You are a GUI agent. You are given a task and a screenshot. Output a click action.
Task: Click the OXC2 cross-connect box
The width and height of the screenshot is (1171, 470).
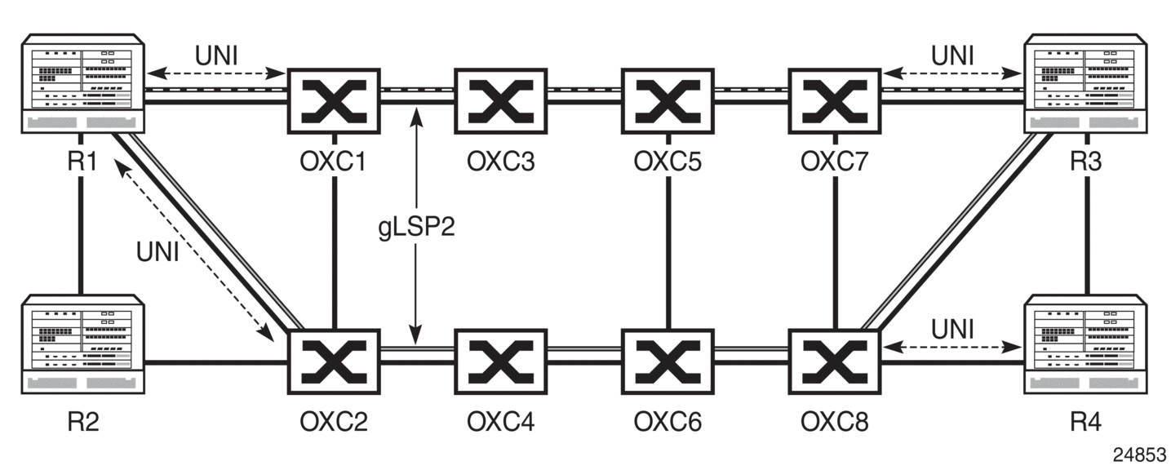click(334, 361)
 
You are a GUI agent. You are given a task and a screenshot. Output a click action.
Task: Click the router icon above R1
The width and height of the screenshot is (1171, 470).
click(82, 83)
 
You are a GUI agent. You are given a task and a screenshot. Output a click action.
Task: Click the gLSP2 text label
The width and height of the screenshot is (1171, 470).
click(416, 226)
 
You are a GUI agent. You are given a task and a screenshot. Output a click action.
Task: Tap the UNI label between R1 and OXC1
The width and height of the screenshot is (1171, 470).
click(216, 56)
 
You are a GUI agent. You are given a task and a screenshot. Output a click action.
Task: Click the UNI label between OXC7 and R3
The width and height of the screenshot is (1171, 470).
click(953, 56)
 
